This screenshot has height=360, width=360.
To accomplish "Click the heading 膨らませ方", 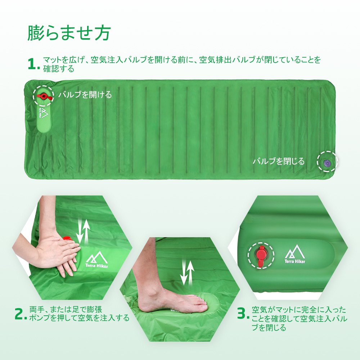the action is pos(69,33).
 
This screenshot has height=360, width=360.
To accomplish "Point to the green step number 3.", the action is pos(243,314).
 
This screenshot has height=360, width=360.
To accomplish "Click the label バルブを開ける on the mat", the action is pos(85,94).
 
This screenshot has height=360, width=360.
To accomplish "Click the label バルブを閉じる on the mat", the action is pos(279,161).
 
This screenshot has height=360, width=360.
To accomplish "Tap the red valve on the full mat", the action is pos(45,96).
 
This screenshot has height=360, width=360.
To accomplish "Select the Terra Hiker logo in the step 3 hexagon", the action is pos(295,254).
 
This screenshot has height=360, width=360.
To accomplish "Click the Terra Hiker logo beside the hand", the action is pos(96,260).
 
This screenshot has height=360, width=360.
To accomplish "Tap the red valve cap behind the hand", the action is pos(67,239).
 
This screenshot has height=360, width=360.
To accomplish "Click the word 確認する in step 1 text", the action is pos(59,68).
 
